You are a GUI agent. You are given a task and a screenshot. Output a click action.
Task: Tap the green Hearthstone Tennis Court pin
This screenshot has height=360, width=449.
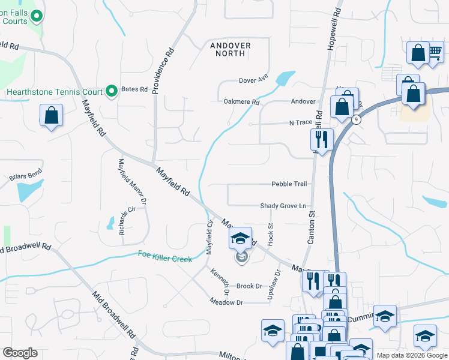coord(111,91)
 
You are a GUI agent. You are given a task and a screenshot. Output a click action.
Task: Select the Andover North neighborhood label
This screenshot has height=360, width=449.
coord(230,49)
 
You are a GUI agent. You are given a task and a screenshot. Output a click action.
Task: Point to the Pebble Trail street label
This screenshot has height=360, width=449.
coord(289,184)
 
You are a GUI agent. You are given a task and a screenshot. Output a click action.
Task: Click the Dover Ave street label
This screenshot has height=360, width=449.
coord(253,80)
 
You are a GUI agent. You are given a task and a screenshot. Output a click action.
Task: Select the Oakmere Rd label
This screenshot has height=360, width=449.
coord(241,102)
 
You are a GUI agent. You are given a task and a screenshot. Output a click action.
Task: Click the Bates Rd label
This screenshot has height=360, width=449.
coord(134,89)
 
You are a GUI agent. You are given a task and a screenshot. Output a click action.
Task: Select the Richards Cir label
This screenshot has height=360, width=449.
coord(124,223)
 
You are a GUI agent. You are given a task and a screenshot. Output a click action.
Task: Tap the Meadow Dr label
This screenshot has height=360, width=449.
coord(227,302)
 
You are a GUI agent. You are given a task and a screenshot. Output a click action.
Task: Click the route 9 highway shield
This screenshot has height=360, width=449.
coord(357,120)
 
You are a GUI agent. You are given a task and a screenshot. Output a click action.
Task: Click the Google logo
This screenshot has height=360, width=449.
coord(20,353)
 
